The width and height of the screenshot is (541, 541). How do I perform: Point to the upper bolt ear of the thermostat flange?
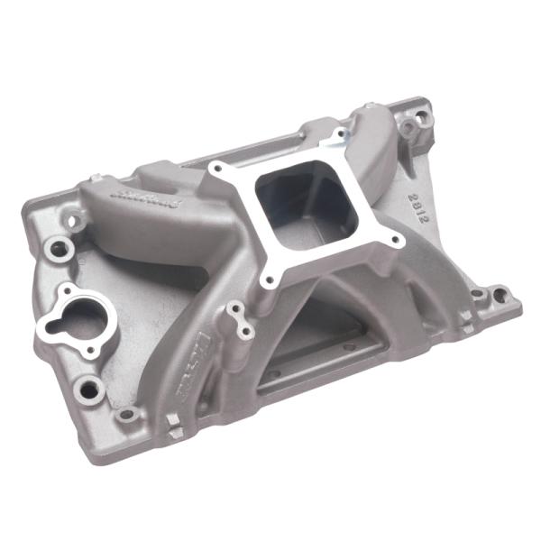coord(69,291)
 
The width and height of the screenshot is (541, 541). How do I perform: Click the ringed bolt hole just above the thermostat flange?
coord(60,246)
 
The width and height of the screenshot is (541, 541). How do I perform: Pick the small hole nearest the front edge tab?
coord(127,414)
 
